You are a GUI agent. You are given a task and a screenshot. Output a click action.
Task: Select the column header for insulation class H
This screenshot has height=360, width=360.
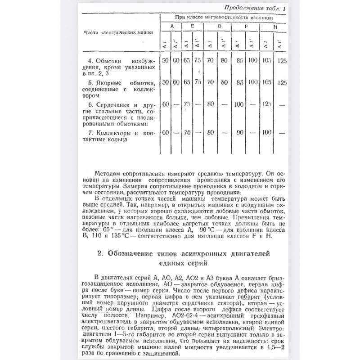click(275, 27)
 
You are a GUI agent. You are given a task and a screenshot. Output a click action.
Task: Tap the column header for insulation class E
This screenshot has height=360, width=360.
click(192, 27)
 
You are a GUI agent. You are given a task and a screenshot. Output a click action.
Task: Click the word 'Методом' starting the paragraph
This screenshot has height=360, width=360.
click(109, 172)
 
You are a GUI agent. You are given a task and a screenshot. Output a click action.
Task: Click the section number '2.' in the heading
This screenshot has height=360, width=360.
click(100, 254)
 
